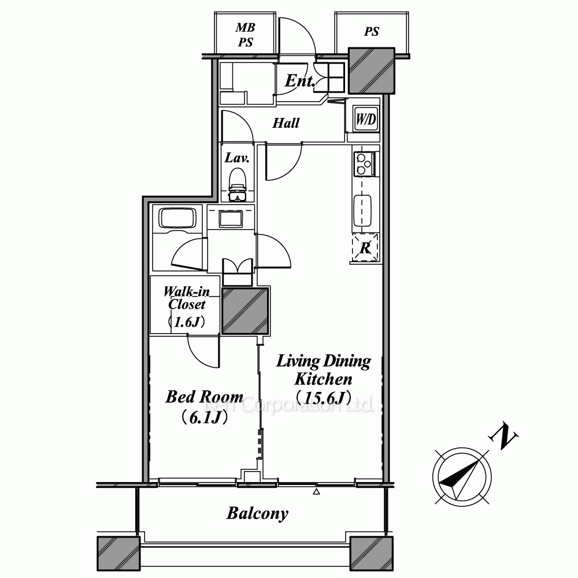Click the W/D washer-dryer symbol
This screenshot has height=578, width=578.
click(x=366, y=118)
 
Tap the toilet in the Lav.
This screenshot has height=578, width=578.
click(x=238, y=184)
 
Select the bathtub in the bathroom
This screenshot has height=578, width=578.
click(x=177, y=217)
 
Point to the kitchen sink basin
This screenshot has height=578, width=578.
click(x=362, y=210)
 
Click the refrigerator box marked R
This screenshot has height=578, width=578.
click(x=365, y=248)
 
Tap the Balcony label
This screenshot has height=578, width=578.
click(x=257, y=513)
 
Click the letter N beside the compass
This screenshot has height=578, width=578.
click(x=503, y=437)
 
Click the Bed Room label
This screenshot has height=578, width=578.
click(x=204, y=397)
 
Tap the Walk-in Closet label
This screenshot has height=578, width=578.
click(x=187, y=298)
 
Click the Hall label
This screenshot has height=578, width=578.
click(x=286, y=123)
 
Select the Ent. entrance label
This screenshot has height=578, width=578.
click(x=300, y=81)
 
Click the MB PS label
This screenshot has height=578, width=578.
click(x=246, y=35)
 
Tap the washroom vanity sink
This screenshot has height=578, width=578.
click(x=231, y=219)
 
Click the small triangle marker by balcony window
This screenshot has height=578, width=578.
click(x=316, y=491)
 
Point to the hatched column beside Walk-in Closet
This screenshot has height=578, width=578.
click(x=246, y=311)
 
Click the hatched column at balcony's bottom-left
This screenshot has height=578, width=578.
click(x=118, y=554)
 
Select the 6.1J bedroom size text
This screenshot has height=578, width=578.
click(x=204, y=418)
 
